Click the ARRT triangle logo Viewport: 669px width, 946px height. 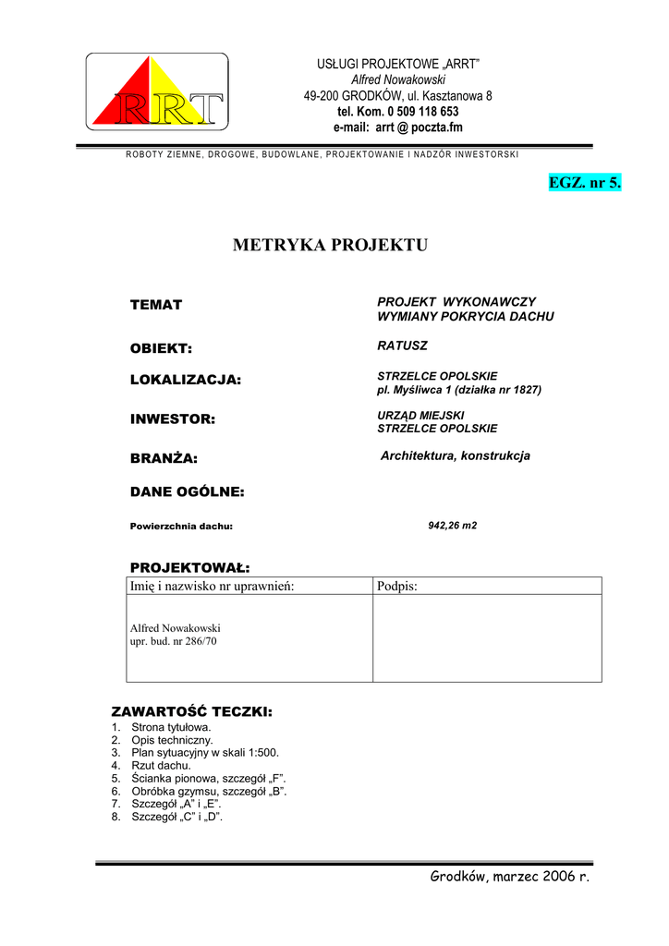(157, 91)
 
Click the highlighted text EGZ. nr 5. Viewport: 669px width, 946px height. (585, 183)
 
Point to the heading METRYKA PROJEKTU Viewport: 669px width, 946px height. (331, 245)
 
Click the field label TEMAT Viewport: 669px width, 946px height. (156, 305)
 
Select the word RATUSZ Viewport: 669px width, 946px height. (403, 346)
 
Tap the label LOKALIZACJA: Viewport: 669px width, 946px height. (185, 380)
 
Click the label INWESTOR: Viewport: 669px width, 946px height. (172, 419)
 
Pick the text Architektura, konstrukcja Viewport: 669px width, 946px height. (456, 456)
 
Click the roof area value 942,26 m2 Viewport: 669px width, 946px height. (453, 525)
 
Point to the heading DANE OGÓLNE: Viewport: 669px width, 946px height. (187, 492)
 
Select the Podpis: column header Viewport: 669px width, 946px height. (398, 587)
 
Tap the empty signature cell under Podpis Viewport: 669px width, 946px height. (487, 638)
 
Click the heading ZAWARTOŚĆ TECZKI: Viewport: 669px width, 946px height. (191, 712)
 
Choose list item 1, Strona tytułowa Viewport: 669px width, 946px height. (171, 727)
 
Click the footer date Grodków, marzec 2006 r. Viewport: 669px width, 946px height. (509, 876)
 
